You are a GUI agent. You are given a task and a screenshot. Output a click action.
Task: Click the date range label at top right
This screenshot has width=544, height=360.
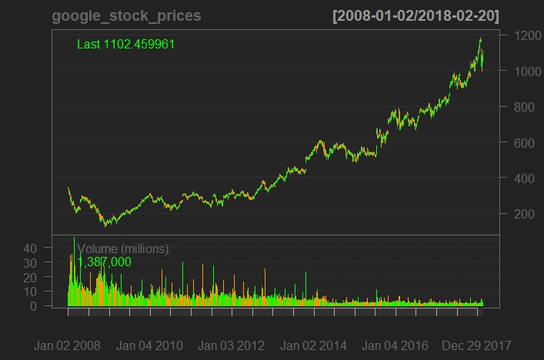tap(415, 16)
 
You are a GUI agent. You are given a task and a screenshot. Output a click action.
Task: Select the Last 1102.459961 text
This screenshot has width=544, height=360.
tap(125, 44)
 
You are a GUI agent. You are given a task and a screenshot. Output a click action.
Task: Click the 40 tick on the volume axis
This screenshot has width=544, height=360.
tap(30, 248)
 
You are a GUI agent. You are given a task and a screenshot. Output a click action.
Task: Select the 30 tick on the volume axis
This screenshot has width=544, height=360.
tap(30, 262)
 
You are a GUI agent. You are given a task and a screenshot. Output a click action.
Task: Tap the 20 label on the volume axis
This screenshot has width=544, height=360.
tap(30, 277)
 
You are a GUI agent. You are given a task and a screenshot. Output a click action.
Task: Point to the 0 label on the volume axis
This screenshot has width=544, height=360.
tap(34, 305)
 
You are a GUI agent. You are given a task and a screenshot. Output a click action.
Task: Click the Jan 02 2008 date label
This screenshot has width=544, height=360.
tap(67, 345)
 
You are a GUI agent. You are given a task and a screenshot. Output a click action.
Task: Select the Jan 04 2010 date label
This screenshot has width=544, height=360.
tap(149, 345)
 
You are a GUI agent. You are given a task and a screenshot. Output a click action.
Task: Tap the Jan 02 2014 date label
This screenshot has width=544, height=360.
tap(314, 345)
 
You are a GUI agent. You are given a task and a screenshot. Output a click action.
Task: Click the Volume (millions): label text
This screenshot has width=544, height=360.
tap(124, 248)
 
